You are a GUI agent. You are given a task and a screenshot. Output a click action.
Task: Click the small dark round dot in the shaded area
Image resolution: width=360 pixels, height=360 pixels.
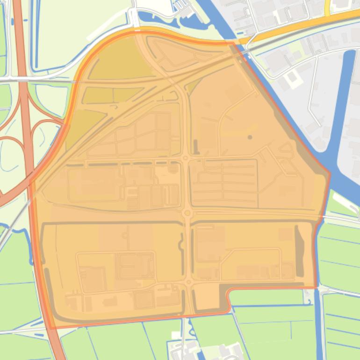coord(250,137)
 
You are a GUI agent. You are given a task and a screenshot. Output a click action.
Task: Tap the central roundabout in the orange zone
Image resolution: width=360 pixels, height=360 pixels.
coord(187,213)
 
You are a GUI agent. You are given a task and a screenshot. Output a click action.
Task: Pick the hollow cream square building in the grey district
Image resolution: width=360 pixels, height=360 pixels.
coord(292,79)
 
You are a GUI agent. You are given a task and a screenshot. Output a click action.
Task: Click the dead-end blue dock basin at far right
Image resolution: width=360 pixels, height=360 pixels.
coord(349,94)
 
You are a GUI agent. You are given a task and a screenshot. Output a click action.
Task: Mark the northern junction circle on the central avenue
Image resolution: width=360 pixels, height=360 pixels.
coord(186,158)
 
